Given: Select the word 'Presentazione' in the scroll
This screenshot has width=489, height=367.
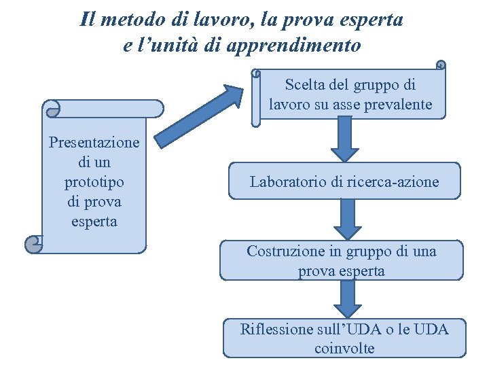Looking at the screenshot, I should coord(94,143).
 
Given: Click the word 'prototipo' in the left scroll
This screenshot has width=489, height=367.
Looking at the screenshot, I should coord(94,182).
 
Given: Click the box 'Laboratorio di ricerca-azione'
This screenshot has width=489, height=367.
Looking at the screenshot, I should coord(344,181).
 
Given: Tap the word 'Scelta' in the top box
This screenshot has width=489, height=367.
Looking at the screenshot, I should coord(305,85).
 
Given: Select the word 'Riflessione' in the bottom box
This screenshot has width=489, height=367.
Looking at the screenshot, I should coord(276,330).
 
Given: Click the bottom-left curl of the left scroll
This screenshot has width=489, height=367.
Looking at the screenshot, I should coord(33,244).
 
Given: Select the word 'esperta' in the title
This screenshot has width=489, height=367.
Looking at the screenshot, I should coord(370,19).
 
